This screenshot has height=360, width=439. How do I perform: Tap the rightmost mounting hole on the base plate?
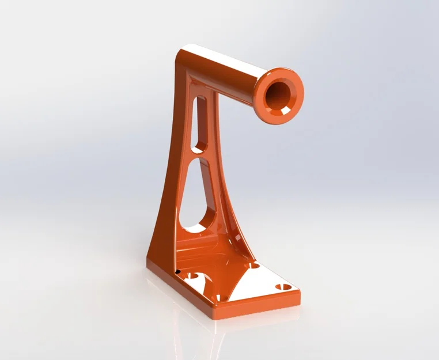283,286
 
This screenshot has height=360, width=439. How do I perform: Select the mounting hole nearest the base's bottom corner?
218,298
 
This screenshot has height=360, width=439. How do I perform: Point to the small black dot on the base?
178,271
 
